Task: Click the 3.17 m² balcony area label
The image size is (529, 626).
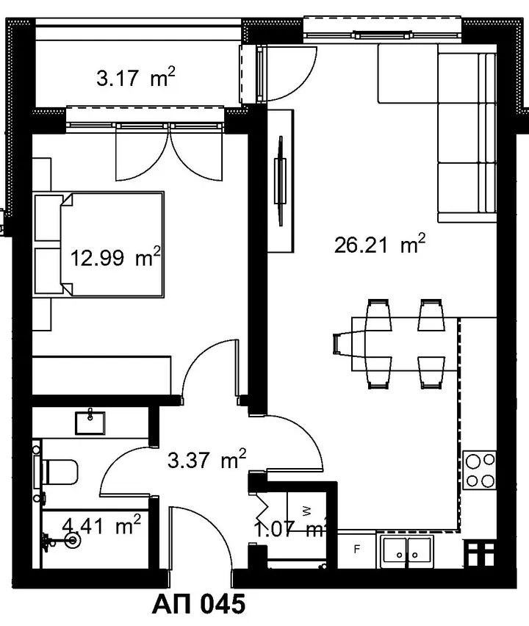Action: [136, 77]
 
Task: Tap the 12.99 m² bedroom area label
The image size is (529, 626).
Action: [115, 257]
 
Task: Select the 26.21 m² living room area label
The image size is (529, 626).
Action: [379, 245]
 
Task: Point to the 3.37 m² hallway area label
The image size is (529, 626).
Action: [206, 459]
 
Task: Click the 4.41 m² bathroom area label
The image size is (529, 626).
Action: [102, 525]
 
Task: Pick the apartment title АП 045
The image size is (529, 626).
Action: [198, 604]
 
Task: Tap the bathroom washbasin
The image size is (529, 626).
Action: [90, 422]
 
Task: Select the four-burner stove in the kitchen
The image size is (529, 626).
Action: [480, 469]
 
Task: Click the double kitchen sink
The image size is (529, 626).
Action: [407, 552]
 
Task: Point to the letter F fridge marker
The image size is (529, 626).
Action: [357, 550]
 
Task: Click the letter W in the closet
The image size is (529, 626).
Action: [306, 510]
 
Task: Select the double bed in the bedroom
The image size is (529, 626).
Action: [112, 245]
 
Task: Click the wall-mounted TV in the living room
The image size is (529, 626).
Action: [280, 181]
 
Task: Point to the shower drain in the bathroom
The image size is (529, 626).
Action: [73, 540]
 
